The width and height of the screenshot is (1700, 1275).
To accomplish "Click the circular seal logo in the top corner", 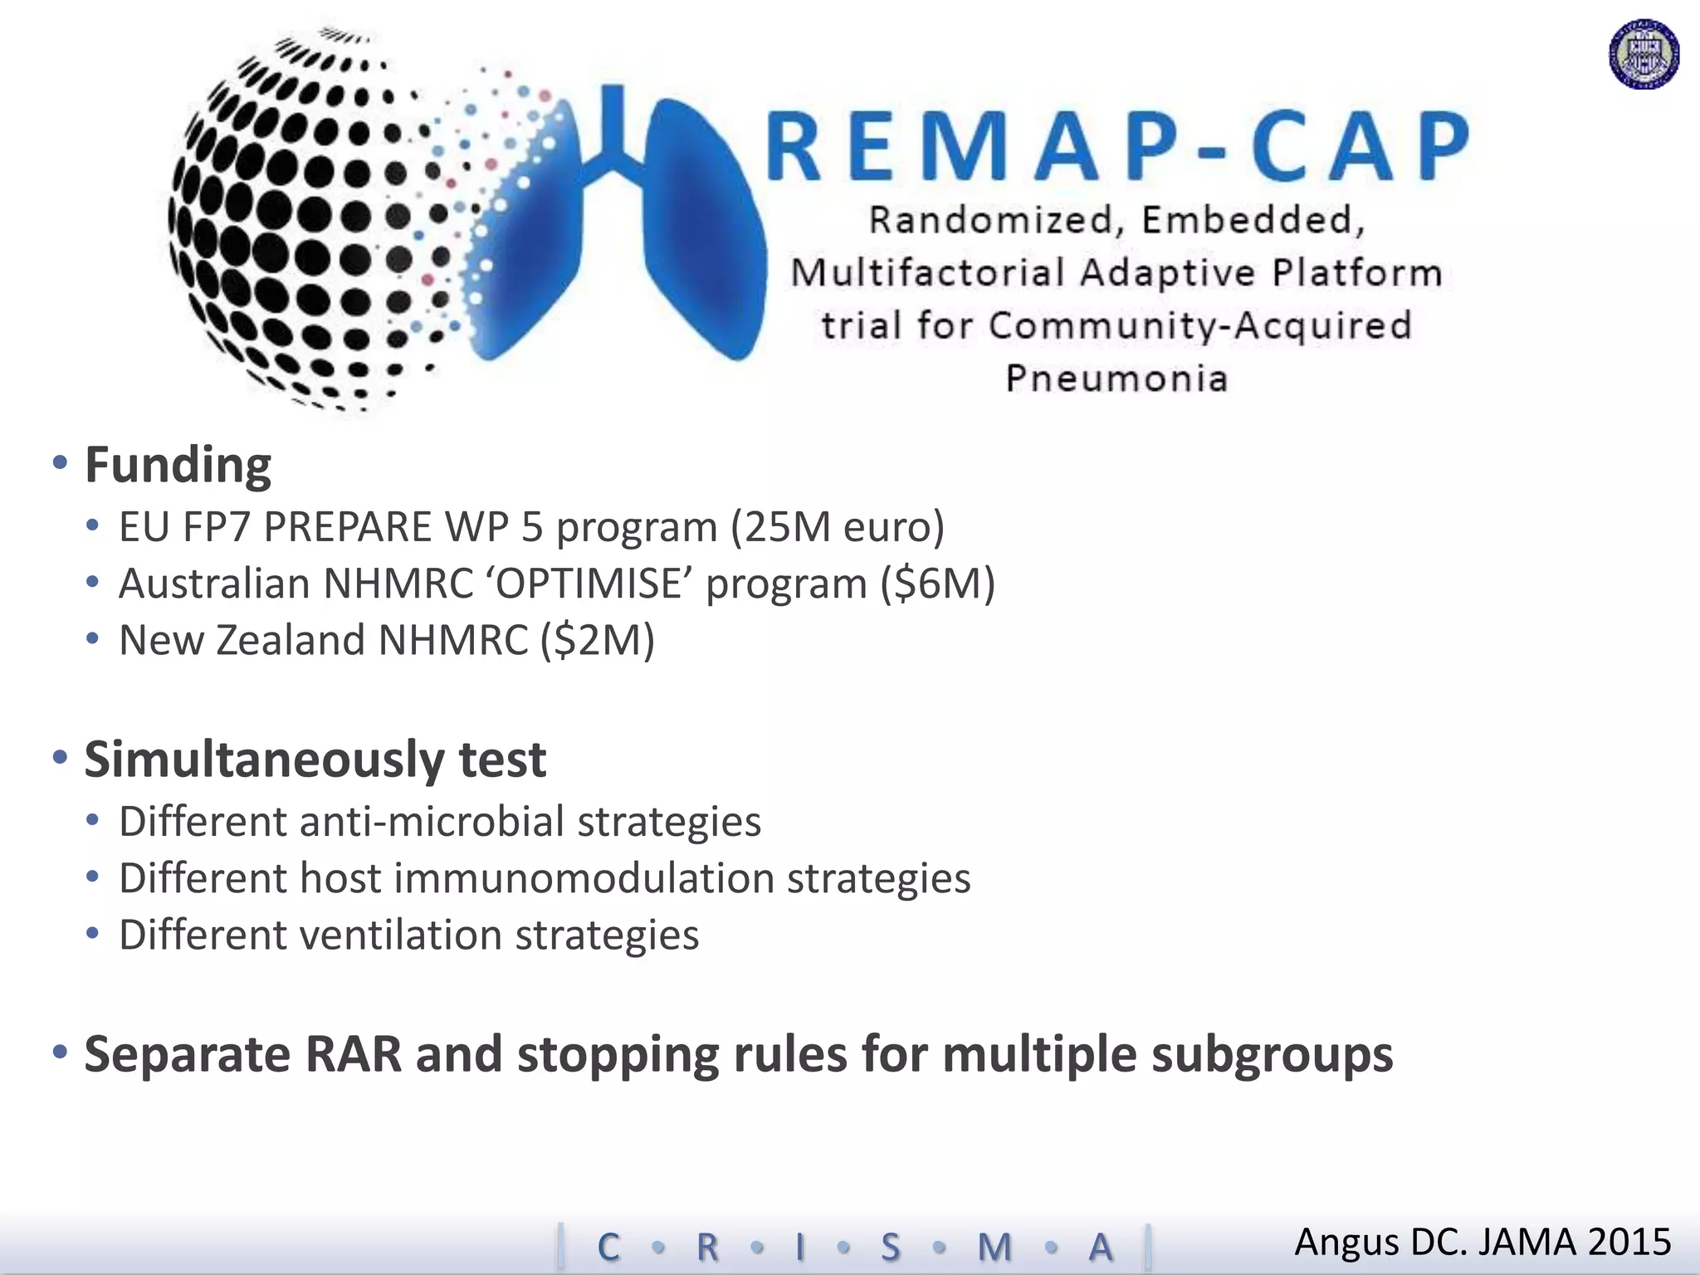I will click(1644, 54).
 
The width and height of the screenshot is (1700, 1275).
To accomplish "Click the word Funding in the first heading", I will click(178, 465).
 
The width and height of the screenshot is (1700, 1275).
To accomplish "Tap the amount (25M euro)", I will click(838, 527).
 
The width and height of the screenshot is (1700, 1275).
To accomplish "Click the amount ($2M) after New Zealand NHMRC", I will click(598, 640).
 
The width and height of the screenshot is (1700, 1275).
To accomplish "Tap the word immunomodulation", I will click(584, 878).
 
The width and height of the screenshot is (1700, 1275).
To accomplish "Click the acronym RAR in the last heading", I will click(353, 1054).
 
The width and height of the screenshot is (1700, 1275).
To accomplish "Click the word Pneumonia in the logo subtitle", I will click(1116, 379).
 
